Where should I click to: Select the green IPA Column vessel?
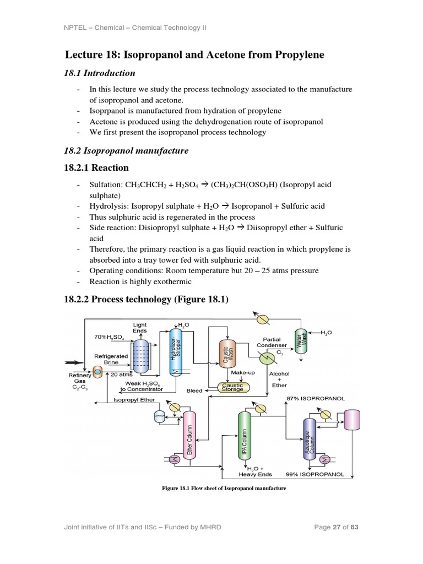click(244, 435)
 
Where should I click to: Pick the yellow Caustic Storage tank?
click(232, 387)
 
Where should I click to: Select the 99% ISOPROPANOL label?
click(314, 474)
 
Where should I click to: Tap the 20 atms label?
click(121, 374)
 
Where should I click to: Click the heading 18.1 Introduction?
click(100, 73)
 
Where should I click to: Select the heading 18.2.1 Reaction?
click(96, 168)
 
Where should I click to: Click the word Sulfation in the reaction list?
click(106, 185)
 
